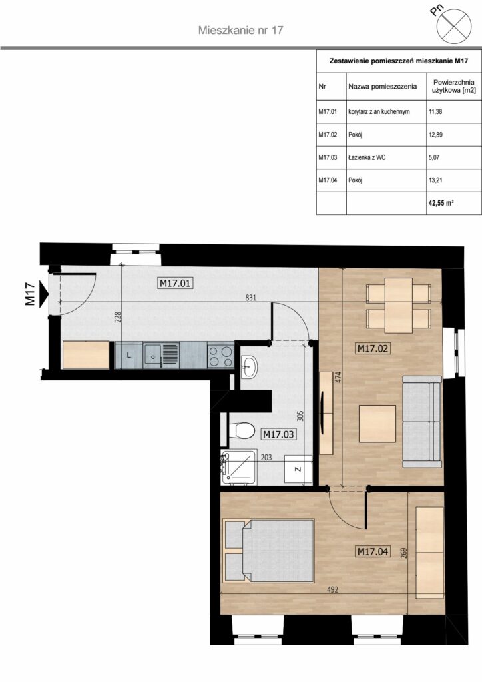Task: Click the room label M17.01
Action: tap(175, 284)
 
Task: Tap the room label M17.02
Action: tap(372, 348)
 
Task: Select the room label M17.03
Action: tap(278, 434)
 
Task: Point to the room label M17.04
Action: tap(373, 552)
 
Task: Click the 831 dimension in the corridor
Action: tap(251, 298)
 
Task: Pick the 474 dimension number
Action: tap(339, 377)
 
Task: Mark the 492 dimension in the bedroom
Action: tap(332, 590)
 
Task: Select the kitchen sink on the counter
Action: tap(161, 355)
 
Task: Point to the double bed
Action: tap(268, 551)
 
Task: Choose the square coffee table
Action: tap(377, 423)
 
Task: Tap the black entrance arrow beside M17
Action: tap(43, 294)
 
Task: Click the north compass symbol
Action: tap(454, 27)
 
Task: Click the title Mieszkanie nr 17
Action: tap(241, 30)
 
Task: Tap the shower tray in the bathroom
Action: tap(238, 467)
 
